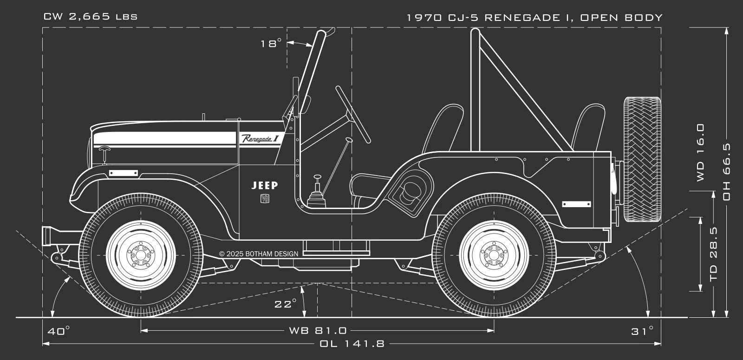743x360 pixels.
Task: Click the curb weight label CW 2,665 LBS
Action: point(90,17)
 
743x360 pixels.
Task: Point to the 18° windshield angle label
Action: point(271,44)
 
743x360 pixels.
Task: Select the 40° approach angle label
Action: point(59,331)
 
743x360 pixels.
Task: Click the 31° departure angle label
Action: point(642,331)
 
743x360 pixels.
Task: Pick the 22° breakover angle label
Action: point(285,304)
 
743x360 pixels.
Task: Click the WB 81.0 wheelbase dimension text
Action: point(318,331)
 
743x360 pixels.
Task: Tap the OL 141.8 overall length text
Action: point(352,344)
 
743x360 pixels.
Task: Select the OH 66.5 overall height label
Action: point(727,172)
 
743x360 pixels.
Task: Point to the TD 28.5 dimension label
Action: point(714,253)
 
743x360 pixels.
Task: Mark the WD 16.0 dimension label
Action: point(700,152)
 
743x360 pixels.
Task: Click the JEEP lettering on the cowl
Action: point(265,185)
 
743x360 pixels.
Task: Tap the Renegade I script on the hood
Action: point(260,138)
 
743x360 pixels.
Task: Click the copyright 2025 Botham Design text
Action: point(259,254)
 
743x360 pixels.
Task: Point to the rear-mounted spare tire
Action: point(643,159)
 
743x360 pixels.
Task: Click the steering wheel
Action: point(353,114)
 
